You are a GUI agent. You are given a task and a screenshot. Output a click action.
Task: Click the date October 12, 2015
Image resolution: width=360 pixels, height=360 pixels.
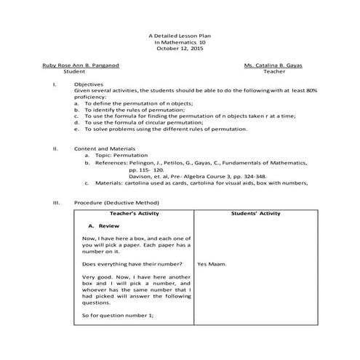tap(180, 49)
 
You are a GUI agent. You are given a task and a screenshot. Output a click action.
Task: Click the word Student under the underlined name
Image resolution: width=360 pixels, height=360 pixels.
tap(74, 73)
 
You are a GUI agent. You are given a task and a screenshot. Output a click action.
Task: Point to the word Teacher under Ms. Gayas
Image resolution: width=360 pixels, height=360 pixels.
tap(275, 73)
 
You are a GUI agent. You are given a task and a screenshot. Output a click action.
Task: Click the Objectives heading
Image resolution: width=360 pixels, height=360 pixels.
tap(89, 84)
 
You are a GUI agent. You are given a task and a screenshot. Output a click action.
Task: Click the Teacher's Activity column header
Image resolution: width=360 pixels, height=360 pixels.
tap(134, 214)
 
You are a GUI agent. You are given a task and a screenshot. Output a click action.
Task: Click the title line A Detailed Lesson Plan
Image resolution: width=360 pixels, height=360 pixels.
tap(180, 36)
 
